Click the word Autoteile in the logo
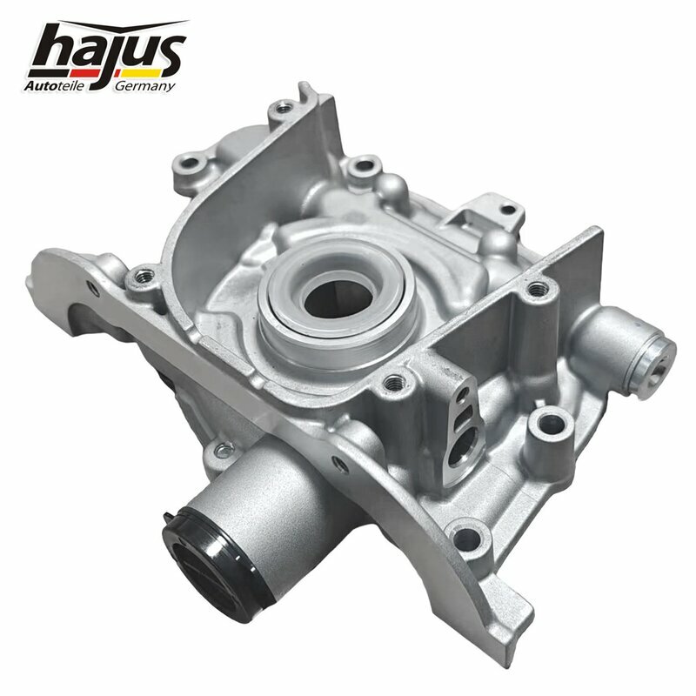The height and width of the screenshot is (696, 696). click(x=54, y=85)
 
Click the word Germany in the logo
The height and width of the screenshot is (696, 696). click(x=145, y=86)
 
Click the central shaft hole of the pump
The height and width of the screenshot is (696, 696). click(x=338, y=299)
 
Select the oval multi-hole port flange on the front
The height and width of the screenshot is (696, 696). click(x=462, y=428)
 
